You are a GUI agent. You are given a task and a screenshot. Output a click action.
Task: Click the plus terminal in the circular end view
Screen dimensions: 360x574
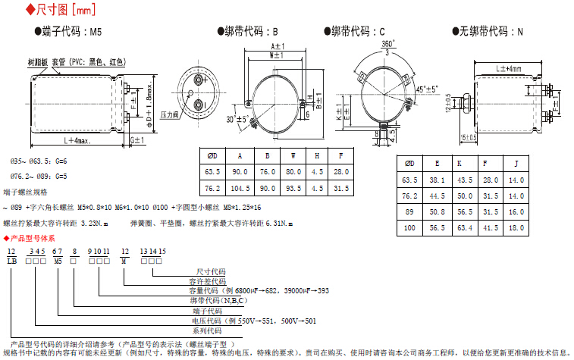pyautogui.click(x=199, y=79)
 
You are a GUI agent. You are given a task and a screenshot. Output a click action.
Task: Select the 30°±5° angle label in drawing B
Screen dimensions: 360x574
pyautogui.click(x=237, y=119)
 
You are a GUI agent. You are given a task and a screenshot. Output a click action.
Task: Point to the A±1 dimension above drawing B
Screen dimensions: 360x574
pyautogui.click(x=277, y=47)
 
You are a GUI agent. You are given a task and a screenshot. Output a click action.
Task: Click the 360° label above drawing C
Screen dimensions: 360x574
pyautogui.click(x=387, y=45)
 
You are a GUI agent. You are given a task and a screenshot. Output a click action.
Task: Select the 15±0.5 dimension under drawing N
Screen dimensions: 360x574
pyautogui.click(x=469, y=137)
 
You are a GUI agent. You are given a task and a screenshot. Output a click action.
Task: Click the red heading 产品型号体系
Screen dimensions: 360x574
pyautogui.click(x=37, y=237)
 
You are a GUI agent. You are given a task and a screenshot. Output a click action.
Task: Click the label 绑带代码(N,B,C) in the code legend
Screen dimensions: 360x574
pyautogui.click(x=217, y=300)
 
